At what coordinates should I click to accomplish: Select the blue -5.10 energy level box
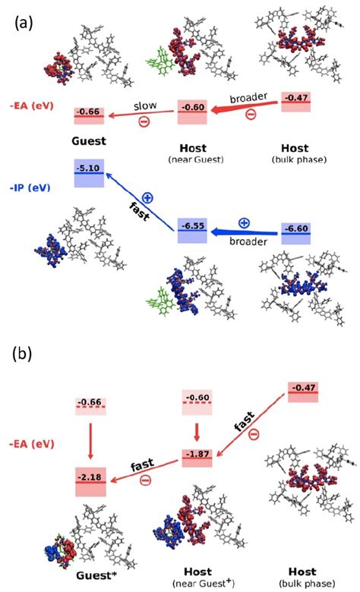[x=88, y=173]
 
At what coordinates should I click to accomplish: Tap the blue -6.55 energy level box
[x=192, y=230]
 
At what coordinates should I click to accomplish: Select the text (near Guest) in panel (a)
[x=193, y=159]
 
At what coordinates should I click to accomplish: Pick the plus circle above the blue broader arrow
[x=243, y=223]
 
